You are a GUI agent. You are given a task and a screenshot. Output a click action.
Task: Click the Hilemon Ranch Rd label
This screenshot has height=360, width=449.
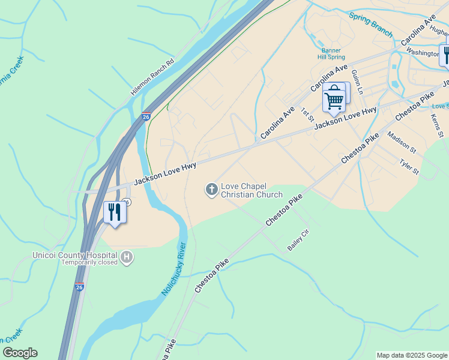152,78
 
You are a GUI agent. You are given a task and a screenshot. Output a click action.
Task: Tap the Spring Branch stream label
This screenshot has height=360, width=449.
370,25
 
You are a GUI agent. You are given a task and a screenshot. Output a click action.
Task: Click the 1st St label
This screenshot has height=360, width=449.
308,113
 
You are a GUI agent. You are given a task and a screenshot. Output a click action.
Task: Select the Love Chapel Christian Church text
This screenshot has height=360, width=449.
252,190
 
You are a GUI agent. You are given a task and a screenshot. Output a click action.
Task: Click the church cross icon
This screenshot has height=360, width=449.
211,190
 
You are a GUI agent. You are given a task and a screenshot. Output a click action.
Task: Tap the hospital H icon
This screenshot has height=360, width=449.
127,258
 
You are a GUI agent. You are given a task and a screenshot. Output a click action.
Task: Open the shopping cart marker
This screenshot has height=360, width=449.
334,97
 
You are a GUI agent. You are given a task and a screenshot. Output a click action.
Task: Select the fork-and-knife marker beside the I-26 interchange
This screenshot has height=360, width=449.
114,212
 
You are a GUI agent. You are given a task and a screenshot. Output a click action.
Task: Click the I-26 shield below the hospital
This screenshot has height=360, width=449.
80,287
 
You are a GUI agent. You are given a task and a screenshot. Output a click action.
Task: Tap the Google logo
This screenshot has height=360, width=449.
20,353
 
